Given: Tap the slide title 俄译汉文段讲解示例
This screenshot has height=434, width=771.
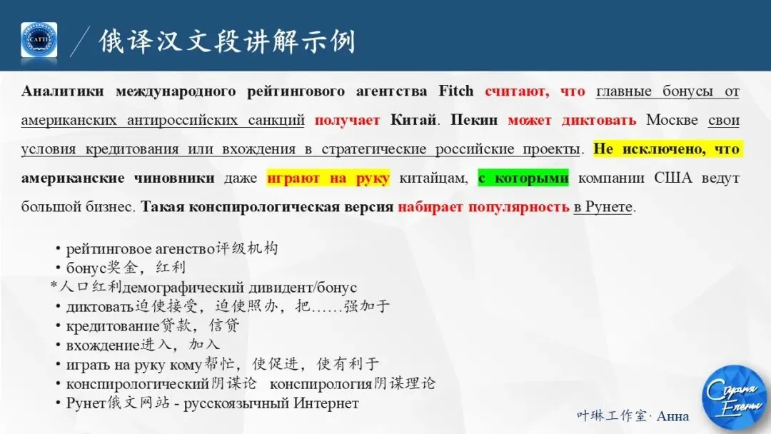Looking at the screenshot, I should pyautogui.click(x=227, y=41).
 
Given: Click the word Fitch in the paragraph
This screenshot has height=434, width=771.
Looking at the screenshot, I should pyautogui.click(x=456, y=91).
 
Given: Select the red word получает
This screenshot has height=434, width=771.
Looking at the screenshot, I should pyautogui.click(x=347, y=120).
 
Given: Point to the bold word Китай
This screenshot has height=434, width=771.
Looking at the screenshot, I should pyautogui.click(x=413, y=120).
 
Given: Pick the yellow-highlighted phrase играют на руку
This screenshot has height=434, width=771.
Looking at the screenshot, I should pyautogui.click(x=328, y=178).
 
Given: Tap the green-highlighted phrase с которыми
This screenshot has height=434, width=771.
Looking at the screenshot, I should pyautogui.click(x=523, y=178).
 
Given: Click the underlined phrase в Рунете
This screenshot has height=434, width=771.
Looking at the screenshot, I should pyautogui.click(x=604, y=207).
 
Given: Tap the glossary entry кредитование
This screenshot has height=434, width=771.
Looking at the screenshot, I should pyautogui.click(x=114, y=326).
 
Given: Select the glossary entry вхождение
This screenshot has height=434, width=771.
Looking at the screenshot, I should pyautogui.click(x=102, y=345).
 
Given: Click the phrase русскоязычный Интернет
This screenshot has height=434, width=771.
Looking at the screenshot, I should pyautogui.click(x=271, y=403).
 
